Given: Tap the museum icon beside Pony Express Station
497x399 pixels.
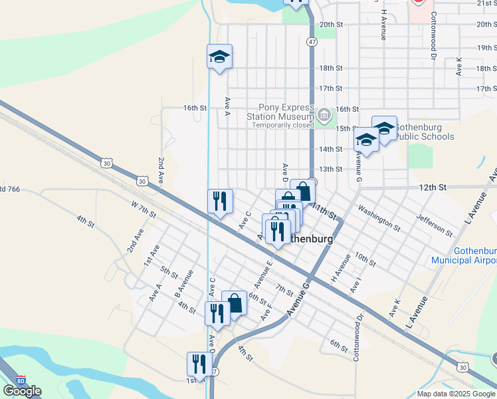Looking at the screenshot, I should tap(324, 115).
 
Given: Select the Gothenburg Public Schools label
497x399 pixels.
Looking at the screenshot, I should tap(425, 132).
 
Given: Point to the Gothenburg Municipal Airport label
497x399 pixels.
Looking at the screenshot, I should tap(464, 256).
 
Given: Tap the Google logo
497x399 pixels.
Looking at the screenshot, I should tap(22, 391).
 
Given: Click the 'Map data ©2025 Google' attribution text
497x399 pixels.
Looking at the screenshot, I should tap(456, 394).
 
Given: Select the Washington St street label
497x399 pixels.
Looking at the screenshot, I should tap(379, 218).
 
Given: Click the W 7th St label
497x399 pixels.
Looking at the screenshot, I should tap(143, 209).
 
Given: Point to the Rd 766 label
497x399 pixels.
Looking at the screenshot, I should tap(9, 190).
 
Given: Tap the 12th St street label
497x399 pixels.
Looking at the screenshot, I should tap(432, 188).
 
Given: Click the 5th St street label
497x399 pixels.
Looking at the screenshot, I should tap(169, 271).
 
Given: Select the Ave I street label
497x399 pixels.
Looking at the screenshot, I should tap(356, 286).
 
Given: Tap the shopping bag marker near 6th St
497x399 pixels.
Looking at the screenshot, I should tap(234, 303).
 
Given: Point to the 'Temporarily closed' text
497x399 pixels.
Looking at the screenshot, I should tap(287, 124).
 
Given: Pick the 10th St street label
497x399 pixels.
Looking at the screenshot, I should tap(365, 259).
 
